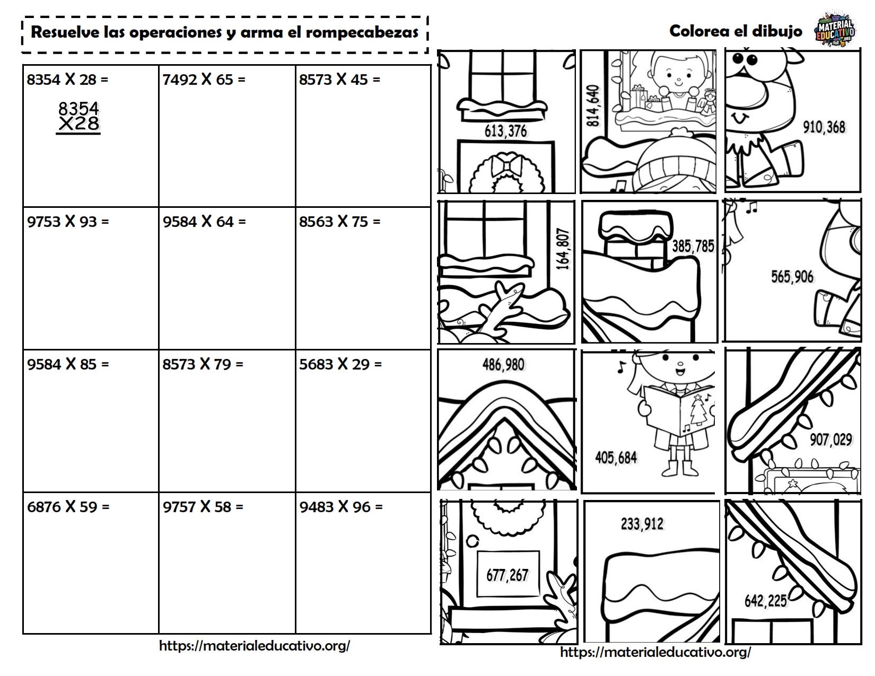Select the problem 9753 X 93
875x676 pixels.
(x=68, y=222)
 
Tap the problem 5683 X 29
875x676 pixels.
(x=340, y=364)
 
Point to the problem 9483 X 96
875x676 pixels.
(x=340, y=507)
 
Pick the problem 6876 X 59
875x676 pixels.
(x=68, y=507)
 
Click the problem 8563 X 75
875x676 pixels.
(x=339, y=222)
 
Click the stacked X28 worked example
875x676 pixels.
(x=78, y=124)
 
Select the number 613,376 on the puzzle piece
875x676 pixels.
(x=505, y=130)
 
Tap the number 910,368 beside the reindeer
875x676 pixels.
(x=824, y=127)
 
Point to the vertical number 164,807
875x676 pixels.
(x=563, y=249)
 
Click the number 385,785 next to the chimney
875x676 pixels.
(x=693, y=246)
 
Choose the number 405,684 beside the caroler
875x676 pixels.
(x=616, y=457)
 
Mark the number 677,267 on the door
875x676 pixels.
(x=507, y=575)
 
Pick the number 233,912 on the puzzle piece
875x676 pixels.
(x=642, y=524)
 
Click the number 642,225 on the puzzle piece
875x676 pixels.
(x=765, y=601)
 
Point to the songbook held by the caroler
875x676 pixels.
(x=679, y=410)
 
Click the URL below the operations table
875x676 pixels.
(x=255, y=646)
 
